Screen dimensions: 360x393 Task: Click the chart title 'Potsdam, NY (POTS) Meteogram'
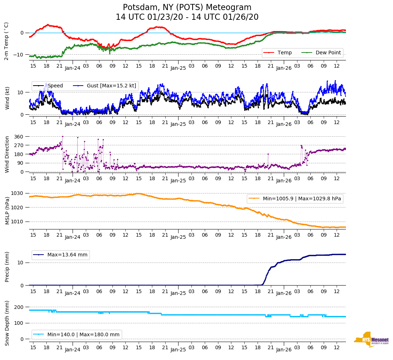pyautogui.click(x=187, y=8)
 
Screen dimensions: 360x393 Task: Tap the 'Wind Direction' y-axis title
pyautogui.click(x=7, y=154)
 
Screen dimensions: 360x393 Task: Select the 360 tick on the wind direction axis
pyautogui.click(x=19, y=137)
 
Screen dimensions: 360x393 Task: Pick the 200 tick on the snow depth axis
pyautogui.click(x=19, y=307)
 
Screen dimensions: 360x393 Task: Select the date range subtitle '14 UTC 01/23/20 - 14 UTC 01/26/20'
pyautogui.click(x=187, y=17)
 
